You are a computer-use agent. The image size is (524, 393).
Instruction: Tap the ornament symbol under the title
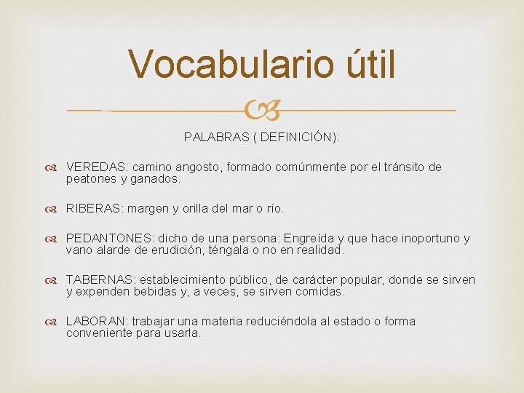tap(262, 111)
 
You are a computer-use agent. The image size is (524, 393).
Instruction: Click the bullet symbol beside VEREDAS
tap(55, 167)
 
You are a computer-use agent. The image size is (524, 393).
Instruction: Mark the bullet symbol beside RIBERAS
tap(55, 209)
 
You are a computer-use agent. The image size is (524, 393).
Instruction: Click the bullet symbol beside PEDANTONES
tap(55, 239)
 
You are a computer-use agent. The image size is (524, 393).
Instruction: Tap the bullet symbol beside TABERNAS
tap(55, 280)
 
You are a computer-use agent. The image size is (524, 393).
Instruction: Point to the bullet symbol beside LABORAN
tap(55, 322)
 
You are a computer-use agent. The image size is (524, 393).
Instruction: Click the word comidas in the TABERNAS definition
tap(320, 291)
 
